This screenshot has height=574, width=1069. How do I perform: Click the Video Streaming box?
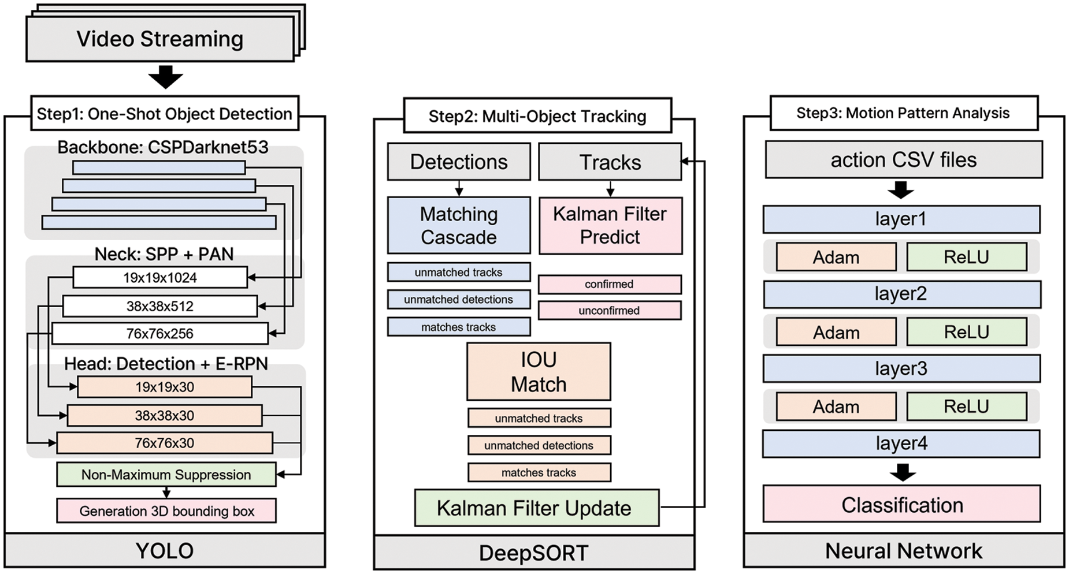(160, 39)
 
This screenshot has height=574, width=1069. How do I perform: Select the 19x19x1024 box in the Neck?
(160, 277)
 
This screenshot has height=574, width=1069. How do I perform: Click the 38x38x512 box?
(160, 306)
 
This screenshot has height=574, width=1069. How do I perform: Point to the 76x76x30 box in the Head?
(165, 443)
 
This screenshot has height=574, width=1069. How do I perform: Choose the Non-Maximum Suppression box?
(166, 475)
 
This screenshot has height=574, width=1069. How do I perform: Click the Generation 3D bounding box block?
(166, 511)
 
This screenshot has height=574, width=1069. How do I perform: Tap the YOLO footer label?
(165, 550)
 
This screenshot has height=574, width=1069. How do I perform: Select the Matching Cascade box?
(459, 225)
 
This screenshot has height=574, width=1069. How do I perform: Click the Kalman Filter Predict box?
(610, 225)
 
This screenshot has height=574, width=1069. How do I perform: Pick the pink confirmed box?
(610, 284)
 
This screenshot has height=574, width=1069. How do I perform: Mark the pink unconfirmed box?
(610, 311)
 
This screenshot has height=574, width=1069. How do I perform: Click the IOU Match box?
(539, 371)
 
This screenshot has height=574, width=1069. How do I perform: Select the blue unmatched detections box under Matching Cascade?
(459, 299)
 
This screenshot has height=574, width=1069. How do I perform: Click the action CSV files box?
(904, 160)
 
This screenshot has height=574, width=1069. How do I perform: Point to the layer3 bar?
(901, 368)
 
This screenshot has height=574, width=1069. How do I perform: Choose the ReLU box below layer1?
(967, 257)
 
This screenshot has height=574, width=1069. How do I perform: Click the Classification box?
(902, 505)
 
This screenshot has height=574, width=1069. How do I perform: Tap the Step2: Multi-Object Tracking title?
(537, 116)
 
